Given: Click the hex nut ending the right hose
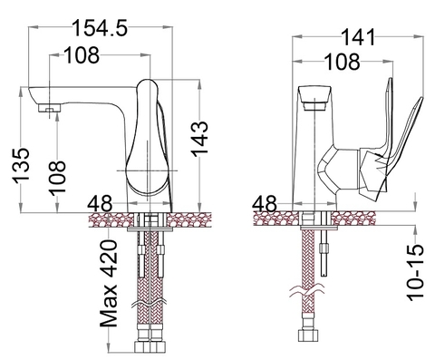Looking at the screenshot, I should click(x=310, y=348).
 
